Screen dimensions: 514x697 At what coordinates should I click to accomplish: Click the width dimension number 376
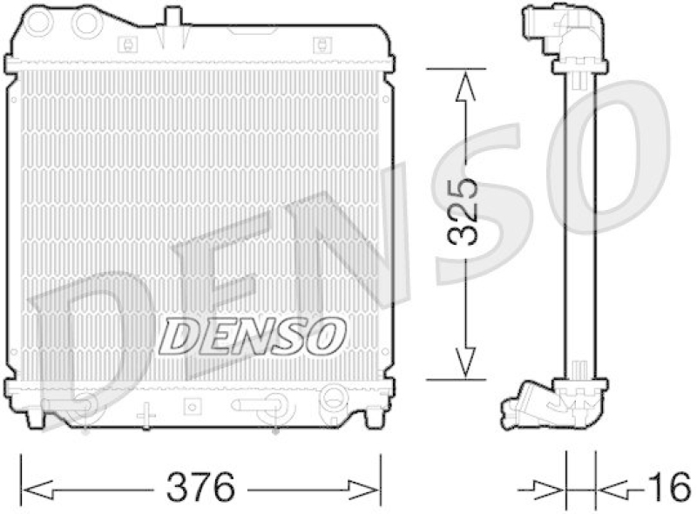(200, 485)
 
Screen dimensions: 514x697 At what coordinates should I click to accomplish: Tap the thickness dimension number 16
(668, 485)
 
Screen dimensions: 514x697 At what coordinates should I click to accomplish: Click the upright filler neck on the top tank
(173, 19)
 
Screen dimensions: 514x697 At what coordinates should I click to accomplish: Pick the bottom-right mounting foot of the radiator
(373, 417)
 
